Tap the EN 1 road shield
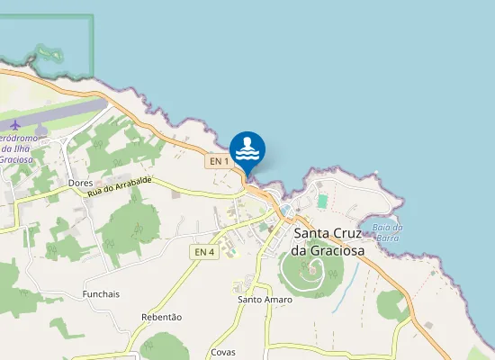pyautogui.click(x=218, y=161)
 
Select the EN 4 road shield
pyautogui.click(x=204, y=252)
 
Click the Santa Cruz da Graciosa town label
pyautogui.click(x=328, y=242)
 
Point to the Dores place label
pyautogui.click(x=81, y=183)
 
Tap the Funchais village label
pyautogui.click(x=101, y=294)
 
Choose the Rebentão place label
pyautogui.click(x=162, y=317)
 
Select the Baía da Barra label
pyautogui.click(x=387, y=232)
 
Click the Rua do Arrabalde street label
pyautogui.click(x=120, y=186)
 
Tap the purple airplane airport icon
pyautogui.click(x=15, y=123)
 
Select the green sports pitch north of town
pyautogui.click(x=322, y=200)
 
